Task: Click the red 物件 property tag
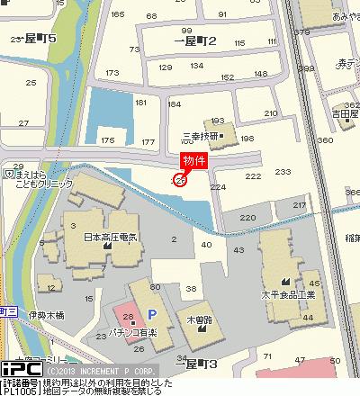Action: pos(194,160)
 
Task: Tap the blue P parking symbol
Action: pos(151,314)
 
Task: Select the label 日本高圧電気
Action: pos(110,237)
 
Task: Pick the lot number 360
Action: pos(326,140)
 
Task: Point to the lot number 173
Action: pos(112,73)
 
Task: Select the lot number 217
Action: pos(300,205)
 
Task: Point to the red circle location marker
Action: pos(179,181)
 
